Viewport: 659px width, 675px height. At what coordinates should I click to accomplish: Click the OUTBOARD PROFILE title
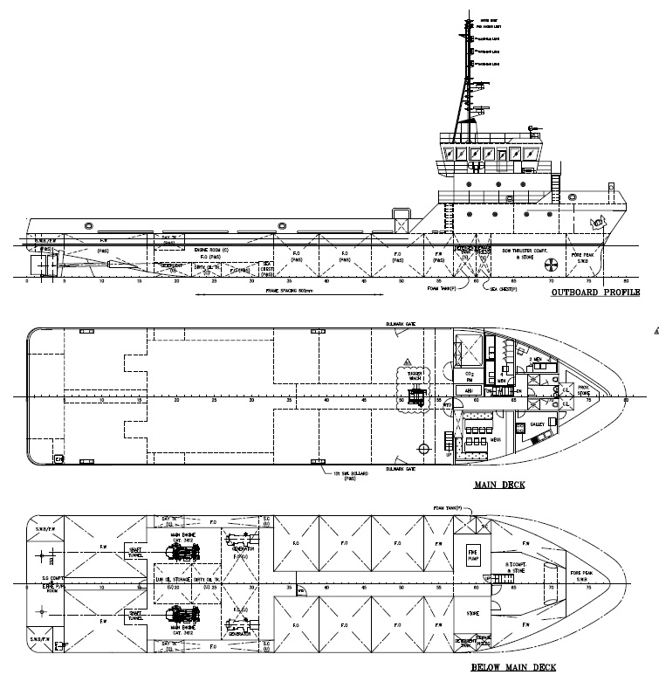coord(595,293)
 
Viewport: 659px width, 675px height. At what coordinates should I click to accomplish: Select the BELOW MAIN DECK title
coord(512,667)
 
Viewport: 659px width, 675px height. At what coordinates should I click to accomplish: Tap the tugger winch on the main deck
coord(416,398)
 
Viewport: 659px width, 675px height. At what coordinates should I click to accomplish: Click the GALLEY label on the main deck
coord(538,424)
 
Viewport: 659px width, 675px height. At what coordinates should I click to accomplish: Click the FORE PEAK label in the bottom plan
coord(584,575)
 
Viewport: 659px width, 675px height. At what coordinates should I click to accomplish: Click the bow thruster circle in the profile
coord(551,265)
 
